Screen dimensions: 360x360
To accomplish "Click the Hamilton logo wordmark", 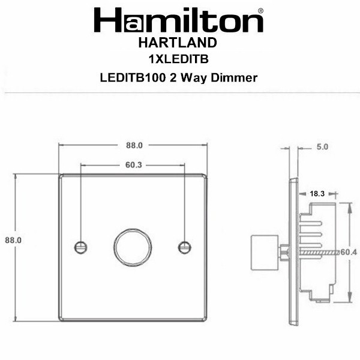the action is pyautogui.click(x=179, y=20).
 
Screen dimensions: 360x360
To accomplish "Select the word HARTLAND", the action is pyautogui.click(x=178, y=43).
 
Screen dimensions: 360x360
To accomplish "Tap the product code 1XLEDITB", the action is pyautogui.click(x=179, y=59).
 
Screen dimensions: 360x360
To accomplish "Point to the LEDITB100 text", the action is pyautogui.click(x=133, y=77).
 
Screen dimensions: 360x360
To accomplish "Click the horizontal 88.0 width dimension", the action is pyautogui.click(x=134, y=145).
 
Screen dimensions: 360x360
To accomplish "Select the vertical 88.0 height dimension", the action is pyautogui.click(x=13, y=240).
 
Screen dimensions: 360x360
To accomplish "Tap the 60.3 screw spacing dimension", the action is pyautogui.click(x=134, y=165).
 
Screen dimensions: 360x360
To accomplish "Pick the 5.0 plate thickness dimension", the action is pyautogui.click(x=322, y=147).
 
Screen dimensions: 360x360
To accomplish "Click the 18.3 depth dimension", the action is pyautogui.click(x=317, y=194).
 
